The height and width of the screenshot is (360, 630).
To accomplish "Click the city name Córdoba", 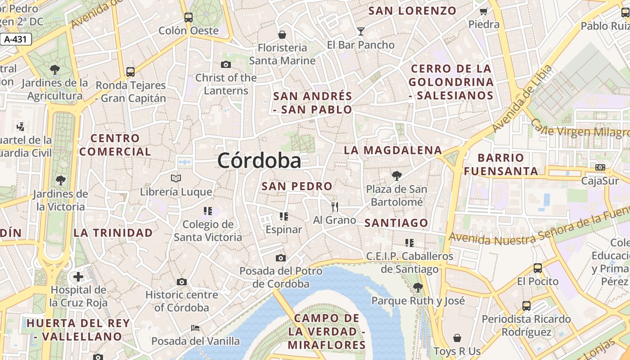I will pyautogui.click(x=259, y=161).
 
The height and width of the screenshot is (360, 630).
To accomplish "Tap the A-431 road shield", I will pyautogui.click(x=16, y=39).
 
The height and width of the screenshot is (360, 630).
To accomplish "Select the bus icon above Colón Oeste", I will pyautogui.click(x=189, y=18).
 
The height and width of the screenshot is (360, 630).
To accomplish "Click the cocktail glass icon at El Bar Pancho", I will pyautogui.click(x=360, y=31).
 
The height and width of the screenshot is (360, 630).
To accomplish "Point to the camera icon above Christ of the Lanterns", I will pyautogui.click(x=226, y=65).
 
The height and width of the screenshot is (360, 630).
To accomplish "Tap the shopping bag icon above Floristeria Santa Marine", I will pyautogui.click(x=282, y=35).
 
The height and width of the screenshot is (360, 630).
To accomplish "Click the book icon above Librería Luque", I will pyautogui.click(x=176, y=179).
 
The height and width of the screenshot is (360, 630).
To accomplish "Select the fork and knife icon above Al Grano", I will pyautogui.click(x=334, y=207).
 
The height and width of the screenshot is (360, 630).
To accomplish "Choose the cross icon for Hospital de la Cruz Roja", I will pyautogui.click(x=78, y=276).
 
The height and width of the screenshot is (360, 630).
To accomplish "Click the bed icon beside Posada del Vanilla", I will pyautogui.click(x=195, y=328).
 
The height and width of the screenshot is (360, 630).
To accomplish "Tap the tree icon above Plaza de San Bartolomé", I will pyautogui.click(x=396, y=175).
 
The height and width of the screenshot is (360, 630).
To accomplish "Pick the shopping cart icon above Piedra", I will pyautogui.click(x=484, y=11).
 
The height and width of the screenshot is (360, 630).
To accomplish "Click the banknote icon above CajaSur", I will pyautogui.click(x=600, y=167).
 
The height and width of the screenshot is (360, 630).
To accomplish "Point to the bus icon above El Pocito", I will pyautogui.click(x=537, y=268).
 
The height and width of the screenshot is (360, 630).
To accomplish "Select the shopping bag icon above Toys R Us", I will pyautogui.click(x=457, y=338).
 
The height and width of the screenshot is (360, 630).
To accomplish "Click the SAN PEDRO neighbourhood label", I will pyautogui.click(x=297, y=186).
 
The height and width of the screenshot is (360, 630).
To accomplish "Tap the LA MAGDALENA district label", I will pyautogui.click(x=393, y=150).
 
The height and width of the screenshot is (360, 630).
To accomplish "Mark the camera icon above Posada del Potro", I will pyautogui.click(x=281, y=258).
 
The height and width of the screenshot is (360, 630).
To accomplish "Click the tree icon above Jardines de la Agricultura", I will pyautogui.click(x=55, y=70).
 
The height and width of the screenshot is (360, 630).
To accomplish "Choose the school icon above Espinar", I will pyautogui.click(x=283, y=216).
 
